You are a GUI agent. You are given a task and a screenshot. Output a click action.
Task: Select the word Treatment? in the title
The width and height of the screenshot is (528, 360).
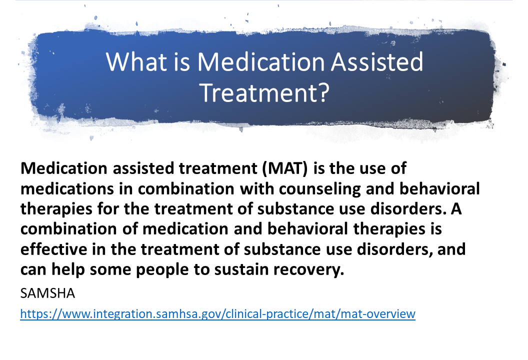click(264, 92)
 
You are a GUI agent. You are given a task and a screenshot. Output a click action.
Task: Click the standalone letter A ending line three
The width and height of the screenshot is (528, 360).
click(456, 209)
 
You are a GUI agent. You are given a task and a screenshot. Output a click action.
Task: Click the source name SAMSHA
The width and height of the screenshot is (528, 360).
click(47, 293)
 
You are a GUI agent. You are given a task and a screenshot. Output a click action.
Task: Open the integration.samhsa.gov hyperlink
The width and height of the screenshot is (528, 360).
click(218, 314)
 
